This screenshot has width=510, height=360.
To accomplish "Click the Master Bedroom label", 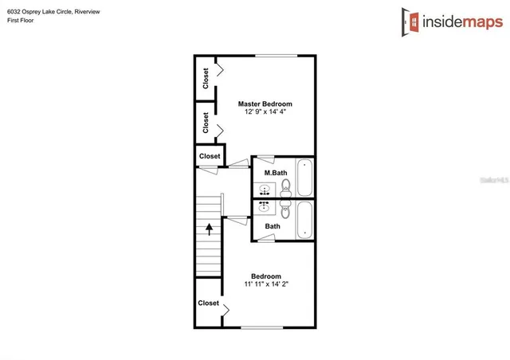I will point(265,104).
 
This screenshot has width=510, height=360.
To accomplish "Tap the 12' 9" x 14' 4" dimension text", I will point(265,112).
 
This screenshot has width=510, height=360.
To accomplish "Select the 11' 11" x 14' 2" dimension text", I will point(265,284).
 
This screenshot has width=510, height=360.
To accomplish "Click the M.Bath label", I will point(276,173).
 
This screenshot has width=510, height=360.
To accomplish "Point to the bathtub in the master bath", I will point(304,177).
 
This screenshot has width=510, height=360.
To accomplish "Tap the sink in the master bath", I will point(265,189).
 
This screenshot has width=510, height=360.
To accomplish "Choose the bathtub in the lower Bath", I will point(304,220).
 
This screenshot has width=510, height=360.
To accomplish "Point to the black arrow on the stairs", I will point(210,229).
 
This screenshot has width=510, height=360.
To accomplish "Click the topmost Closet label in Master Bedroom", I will point(206,78).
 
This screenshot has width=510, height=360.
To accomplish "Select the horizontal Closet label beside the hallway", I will point(210,156).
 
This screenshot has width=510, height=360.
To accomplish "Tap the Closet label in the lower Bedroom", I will point(209,303).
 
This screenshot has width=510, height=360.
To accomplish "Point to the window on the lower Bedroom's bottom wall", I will point(263,327).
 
